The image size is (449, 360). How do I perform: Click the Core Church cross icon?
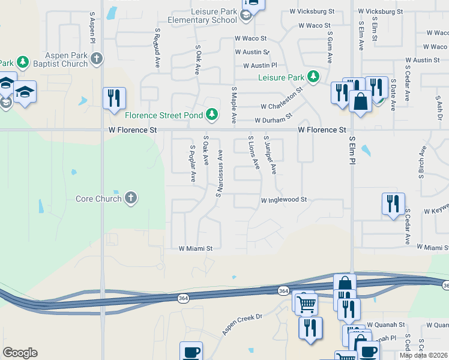coord(131,199)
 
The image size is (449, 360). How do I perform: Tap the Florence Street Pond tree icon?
coord(211,113)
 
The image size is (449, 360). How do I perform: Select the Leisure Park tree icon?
coord(313,77)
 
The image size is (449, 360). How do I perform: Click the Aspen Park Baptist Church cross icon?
coord(97,59)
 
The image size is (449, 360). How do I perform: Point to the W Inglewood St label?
coord(283,200)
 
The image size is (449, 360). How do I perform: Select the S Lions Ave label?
coord(254,152)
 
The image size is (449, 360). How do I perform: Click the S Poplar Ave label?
coord(193,163)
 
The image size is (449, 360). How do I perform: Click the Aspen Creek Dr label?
coord(243,324)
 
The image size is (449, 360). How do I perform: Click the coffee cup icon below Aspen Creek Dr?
coord(191,352)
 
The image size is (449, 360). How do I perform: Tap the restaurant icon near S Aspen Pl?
coord(114,98)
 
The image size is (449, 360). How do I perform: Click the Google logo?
coord(20,353)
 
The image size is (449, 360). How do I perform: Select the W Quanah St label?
coord(386,325)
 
